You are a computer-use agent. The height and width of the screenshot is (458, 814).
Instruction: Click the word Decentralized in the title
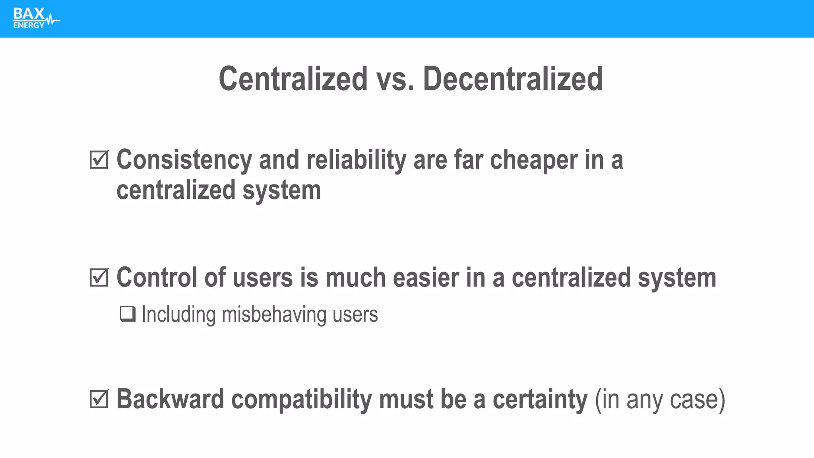click(513, 79)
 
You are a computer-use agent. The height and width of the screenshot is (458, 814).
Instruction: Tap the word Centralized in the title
click(293, 79)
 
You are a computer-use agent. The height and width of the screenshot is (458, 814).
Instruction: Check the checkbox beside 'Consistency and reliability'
click(99, 159)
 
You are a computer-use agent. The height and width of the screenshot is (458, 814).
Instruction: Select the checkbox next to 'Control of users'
click(99, 278)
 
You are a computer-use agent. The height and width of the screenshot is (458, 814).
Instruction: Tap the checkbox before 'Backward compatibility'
click(99, 399)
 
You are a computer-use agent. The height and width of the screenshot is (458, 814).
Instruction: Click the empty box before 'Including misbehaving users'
click(128, 314)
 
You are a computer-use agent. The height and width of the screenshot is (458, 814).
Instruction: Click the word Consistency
click(184, 160)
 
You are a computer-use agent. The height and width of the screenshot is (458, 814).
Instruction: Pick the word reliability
click(356, 160)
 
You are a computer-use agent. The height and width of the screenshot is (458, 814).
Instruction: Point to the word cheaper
click(533, 160)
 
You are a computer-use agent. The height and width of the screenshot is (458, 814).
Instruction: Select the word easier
click(426, 278)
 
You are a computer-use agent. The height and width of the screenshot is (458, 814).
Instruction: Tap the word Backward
click(170, 399)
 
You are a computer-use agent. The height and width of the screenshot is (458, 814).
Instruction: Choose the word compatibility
click(301, 399)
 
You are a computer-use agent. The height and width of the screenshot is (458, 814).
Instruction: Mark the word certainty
click(540, 399)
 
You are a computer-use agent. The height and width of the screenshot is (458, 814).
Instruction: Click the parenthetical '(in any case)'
click(660, 399)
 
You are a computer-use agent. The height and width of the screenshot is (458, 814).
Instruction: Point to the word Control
click(157, 278)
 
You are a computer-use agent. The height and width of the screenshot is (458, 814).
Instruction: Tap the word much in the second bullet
click(355, 278)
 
